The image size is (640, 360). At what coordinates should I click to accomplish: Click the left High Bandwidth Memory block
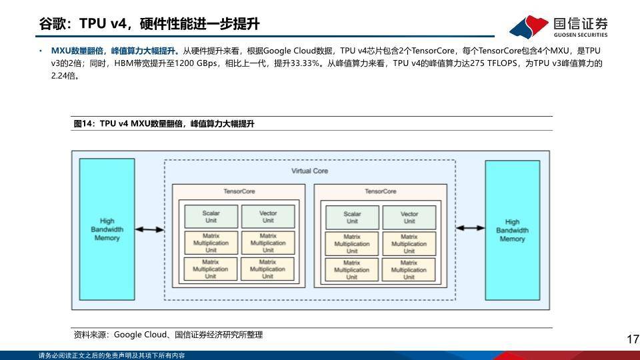click(x=107, y=229)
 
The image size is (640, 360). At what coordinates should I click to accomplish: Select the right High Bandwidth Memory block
click(x=512, y=230)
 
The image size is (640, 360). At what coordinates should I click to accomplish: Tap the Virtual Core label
click(x=309, y=171)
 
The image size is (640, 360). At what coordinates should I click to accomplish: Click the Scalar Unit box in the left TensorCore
click(x=211, y=217)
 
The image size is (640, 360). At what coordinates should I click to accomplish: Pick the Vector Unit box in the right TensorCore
click(x=409, y=217)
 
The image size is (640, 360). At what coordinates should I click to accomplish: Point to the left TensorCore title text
click(x=239, y=191)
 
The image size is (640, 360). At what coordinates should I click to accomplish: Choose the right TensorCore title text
click(x=381, y=191)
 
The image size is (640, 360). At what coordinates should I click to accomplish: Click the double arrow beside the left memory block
click(x=149, y=229)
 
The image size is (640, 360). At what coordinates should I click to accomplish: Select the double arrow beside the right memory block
click(x=470, y=228)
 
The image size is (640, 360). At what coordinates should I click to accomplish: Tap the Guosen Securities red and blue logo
click(x=529, y=27)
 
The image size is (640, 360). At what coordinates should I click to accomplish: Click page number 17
click(x=633, y=339)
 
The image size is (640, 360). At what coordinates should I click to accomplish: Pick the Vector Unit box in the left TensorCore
click(x=268, y=217)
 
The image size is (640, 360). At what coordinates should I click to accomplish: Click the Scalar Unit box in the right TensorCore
click(x=352, y=217)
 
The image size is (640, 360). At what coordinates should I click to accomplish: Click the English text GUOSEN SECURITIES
click(x=581, y=35)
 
